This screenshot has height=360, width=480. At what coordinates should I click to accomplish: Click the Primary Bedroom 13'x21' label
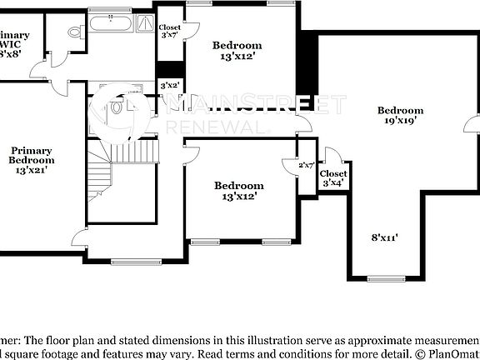tap(32, 159)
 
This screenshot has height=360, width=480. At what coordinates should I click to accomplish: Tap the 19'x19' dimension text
tap(400, 120)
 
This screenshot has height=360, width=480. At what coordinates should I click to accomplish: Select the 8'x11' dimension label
tap(384, 237)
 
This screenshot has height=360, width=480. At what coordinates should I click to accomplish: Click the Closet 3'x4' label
tap(333, 177)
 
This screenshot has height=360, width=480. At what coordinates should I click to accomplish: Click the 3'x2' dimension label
tap(169, 85)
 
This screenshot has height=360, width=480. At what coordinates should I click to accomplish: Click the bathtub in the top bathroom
tap(109, 22)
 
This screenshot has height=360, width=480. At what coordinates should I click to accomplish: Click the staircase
tap(101, 174)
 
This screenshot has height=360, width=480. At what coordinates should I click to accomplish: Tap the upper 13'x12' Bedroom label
tap(237, 51)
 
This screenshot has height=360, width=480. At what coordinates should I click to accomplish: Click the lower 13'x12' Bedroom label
tap(238, 191)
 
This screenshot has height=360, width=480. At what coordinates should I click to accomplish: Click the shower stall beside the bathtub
tap(144, 24)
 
